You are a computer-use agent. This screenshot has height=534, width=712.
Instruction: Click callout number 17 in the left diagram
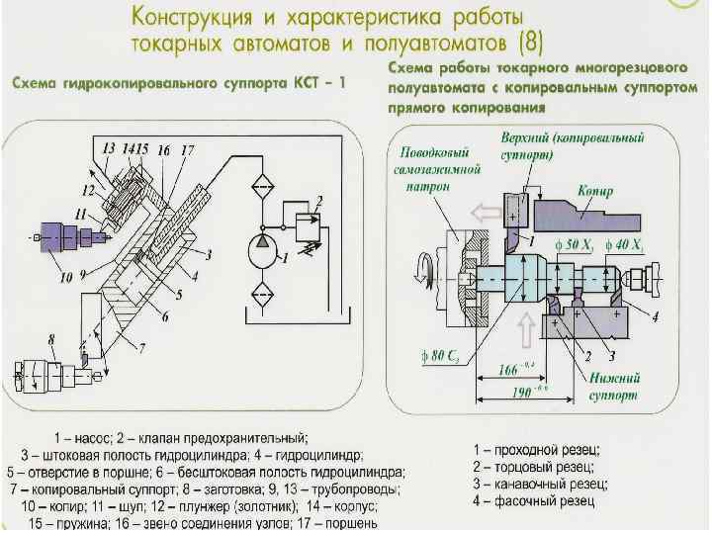pos(188,150)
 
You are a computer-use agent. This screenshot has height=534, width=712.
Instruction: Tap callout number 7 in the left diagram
pos(141,348)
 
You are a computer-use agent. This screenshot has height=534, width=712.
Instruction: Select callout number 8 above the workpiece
pos(51,343)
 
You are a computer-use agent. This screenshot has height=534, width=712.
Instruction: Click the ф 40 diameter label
pos(624,243)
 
